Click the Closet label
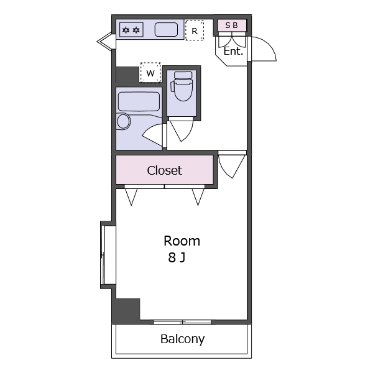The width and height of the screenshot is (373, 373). [164, 170]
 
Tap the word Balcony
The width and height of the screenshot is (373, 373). [182, 339]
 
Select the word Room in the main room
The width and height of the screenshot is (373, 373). [182, 241]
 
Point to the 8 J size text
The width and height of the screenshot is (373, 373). [177, 257]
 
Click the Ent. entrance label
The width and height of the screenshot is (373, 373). [233, 51]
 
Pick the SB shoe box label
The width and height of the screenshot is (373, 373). [231, 25]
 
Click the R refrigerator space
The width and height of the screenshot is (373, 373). [195, 30]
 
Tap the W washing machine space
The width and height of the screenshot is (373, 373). [150, 73]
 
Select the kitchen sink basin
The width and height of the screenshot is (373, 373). [166, 30]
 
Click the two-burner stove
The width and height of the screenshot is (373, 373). [131, 30]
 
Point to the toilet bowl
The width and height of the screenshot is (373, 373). [183, 86]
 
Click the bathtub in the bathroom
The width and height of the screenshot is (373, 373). [139, 101]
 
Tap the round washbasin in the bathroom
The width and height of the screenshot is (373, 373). [124, 122]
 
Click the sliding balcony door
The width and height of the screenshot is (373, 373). [182, 322]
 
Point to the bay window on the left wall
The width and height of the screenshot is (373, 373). [108, 255]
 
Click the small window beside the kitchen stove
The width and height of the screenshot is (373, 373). [104, 42]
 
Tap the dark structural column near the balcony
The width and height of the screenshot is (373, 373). [126, 310]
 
